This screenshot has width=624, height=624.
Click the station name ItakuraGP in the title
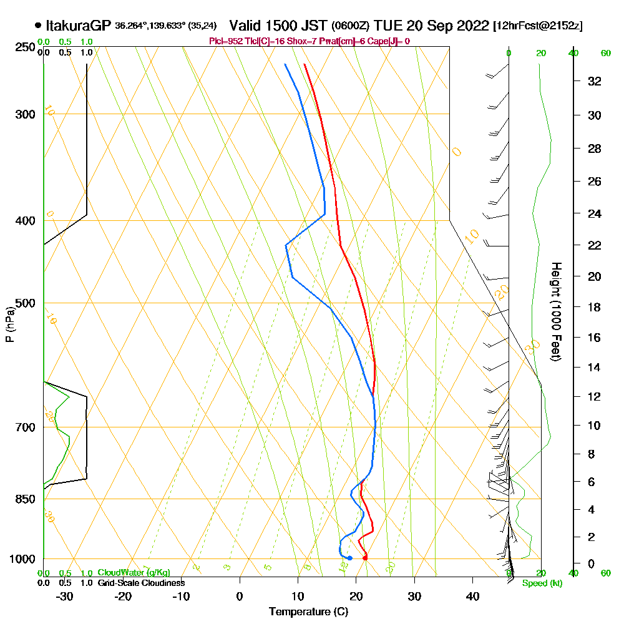[x=78, y=26]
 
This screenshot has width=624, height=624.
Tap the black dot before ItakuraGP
[x=38, y=26]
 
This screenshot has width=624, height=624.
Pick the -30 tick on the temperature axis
[x=65, y=597]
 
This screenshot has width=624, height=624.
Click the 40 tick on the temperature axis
[x=472, y=597]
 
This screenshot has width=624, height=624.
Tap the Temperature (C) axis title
[x=308, y=612]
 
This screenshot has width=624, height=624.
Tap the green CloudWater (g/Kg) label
[x=134, y=573]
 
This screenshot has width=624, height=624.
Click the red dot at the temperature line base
[x=365, y=557]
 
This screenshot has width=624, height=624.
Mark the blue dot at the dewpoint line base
[x=349, y=558]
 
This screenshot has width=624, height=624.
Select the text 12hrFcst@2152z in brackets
[x=538, y=26]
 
